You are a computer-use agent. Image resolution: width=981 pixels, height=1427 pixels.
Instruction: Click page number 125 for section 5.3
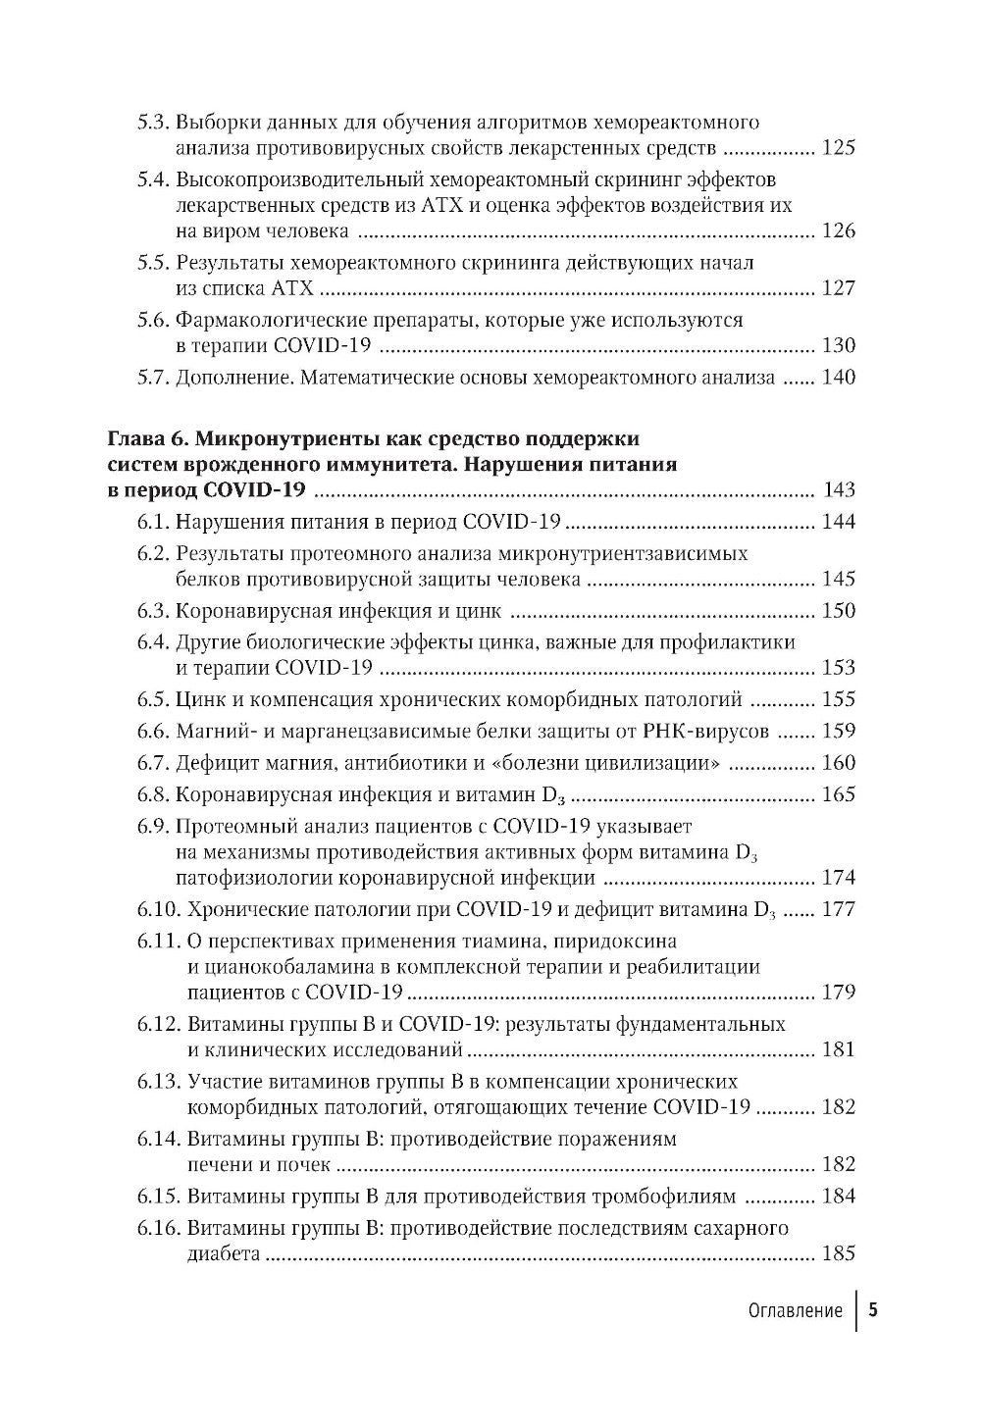pos(838,149)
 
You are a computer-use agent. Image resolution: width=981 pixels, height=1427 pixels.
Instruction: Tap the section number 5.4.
pos(153,180)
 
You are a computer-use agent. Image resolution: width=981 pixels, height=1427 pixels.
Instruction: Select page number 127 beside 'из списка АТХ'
pos(838,288)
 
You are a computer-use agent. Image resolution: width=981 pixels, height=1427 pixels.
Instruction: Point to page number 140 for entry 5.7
pos(838,378)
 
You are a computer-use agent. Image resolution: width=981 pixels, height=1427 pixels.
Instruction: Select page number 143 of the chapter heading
pos(838,490)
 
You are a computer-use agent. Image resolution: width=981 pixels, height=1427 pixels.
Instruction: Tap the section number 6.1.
pos(153,522)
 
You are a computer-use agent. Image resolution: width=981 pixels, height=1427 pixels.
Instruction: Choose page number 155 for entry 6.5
pos(838,699)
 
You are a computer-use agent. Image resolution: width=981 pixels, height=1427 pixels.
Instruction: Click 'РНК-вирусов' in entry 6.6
pos(721,731)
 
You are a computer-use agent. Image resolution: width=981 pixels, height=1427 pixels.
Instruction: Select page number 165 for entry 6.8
pos(838,794)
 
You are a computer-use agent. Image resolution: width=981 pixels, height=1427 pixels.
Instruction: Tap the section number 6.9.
pos(153,826)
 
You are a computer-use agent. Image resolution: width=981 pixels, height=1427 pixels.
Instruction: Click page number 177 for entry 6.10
pos(838,909)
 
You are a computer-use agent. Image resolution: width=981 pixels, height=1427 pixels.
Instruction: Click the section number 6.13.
pos(158,1081)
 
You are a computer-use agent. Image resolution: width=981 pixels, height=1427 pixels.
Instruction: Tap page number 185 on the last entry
pos(838,1253)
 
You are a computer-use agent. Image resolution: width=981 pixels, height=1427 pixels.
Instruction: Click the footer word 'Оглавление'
pos(795,1311)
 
